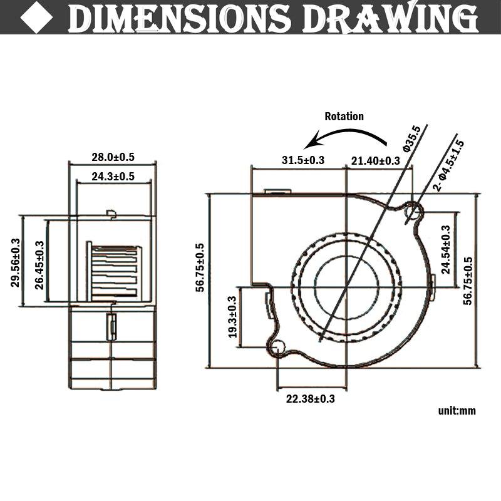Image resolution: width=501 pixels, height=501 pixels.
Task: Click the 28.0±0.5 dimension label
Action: coord(113,157)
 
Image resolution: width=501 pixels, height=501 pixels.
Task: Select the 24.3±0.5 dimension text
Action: coord(113,177)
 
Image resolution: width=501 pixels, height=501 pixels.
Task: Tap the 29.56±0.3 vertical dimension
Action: coord(15,262)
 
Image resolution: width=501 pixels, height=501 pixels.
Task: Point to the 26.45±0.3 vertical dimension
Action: coord(39,265)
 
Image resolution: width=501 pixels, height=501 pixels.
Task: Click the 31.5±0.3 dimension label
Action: coord(303,160)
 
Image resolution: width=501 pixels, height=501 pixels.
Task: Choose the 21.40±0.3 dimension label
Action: coord(375,160)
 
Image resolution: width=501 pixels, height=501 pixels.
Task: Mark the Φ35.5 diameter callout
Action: coord(412,138)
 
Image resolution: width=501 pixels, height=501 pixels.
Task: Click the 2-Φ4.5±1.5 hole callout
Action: coord(448,165)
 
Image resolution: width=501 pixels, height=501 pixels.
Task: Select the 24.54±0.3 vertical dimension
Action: coord(445,249)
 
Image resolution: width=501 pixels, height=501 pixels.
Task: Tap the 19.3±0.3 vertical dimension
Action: coord(232,317)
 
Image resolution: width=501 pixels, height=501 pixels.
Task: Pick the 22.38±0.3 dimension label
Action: coord(310,399)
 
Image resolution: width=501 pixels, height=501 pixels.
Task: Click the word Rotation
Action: coord(344,116)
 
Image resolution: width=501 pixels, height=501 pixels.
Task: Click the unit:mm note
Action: coord(457,411)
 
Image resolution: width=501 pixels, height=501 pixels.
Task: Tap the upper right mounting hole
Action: coord(414,210)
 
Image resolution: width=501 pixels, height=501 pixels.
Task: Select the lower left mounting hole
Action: coord(277,346)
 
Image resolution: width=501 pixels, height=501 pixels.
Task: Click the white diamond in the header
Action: coord(36,18)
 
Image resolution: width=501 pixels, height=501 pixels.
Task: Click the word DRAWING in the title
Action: coord(390,18)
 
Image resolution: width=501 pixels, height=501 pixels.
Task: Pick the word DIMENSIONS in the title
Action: coord(179,18)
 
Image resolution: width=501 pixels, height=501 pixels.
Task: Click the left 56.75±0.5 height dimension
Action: coord(200,268)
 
